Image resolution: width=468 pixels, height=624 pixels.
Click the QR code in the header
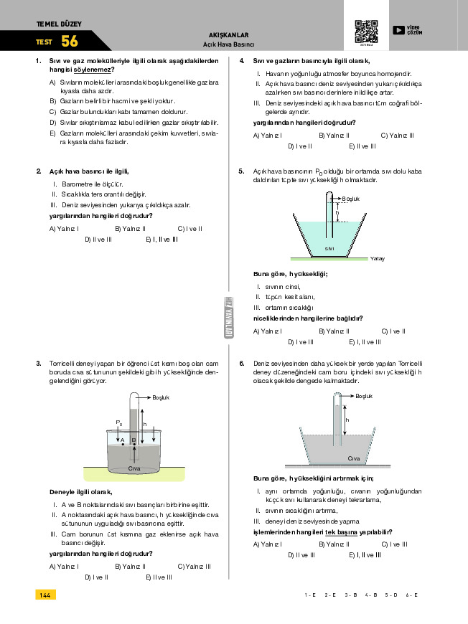coord(366,31)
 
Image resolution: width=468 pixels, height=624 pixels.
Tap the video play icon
coord(398,30)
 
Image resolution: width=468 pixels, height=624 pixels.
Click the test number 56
coord(70,41)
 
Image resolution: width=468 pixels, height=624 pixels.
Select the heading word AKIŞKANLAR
coord(228,34)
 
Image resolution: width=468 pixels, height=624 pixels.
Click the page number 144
coord(45,595)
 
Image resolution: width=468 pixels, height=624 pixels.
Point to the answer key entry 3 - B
coord(351,595)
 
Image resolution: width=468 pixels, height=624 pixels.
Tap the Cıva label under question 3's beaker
coord(134,468)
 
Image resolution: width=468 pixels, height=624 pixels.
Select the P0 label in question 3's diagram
coord(119,423)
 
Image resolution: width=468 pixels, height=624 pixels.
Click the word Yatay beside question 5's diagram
coord(378,258)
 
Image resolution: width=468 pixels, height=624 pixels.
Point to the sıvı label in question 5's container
coord(329,248)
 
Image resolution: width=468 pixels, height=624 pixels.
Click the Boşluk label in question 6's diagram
coord(364,396)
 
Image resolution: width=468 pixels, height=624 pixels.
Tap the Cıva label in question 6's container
coord(353,458)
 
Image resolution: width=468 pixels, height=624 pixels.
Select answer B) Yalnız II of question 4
coord(333,135)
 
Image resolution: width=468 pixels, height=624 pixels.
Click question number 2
coord(38,171)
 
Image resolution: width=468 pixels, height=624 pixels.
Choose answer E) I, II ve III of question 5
coord(365,342)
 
